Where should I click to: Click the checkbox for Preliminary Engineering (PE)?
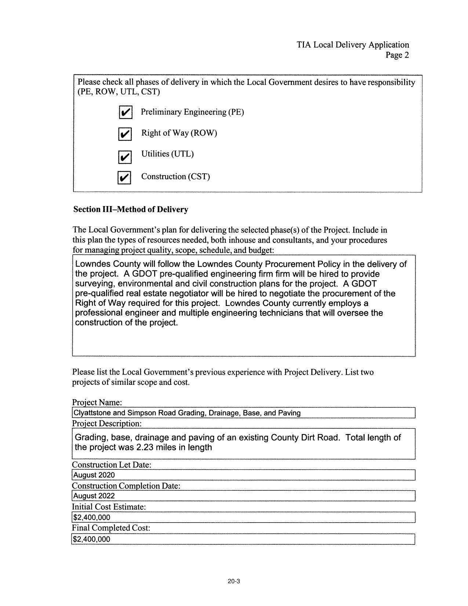(126, 112)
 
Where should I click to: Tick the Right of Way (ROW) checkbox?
(125, 134)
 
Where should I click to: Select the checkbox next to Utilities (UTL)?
(125, 157)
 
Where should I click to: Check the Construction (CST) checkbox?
(124, 178)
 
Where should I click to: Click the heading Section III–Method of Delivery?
(131, 209)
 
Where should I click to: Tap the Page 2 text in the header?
(397, 55)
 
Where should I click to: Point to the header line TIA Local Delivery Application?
(353, 45)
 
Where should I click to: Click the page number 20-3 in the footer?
(233, 581)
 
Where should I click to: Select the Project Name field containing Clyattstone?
(243, 413)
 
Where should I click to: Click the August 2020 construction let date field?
(243, 475)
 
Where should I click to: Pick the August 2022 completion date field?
(243, 496)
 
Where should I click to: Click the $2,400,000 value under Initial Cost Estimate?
(92, 517)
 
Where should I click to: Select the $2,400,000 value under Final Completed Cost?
(92, 539)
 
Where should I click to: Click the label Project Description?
(106, 423)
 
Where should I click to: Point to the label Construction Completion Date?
(126, 486)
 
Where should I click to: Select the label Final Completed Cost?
(111, 528)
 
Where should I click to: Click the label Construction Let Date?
(111, 465)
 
